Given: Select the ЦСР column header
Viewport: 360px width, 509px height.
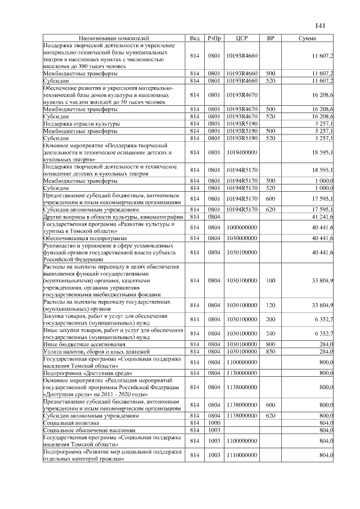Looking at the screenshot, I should (242, 38).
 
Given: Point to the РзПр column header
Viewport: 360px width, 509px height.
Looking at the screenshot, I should (214, 38).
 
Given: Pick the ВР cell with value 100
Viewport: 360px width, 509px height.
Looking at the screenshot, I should (271, 280).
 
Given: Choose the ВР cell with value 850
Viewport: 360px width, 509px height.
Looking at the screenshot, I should (271, 352).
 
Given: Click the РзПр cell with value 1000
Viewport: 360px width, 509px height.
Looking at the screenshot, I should (214, 422).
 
